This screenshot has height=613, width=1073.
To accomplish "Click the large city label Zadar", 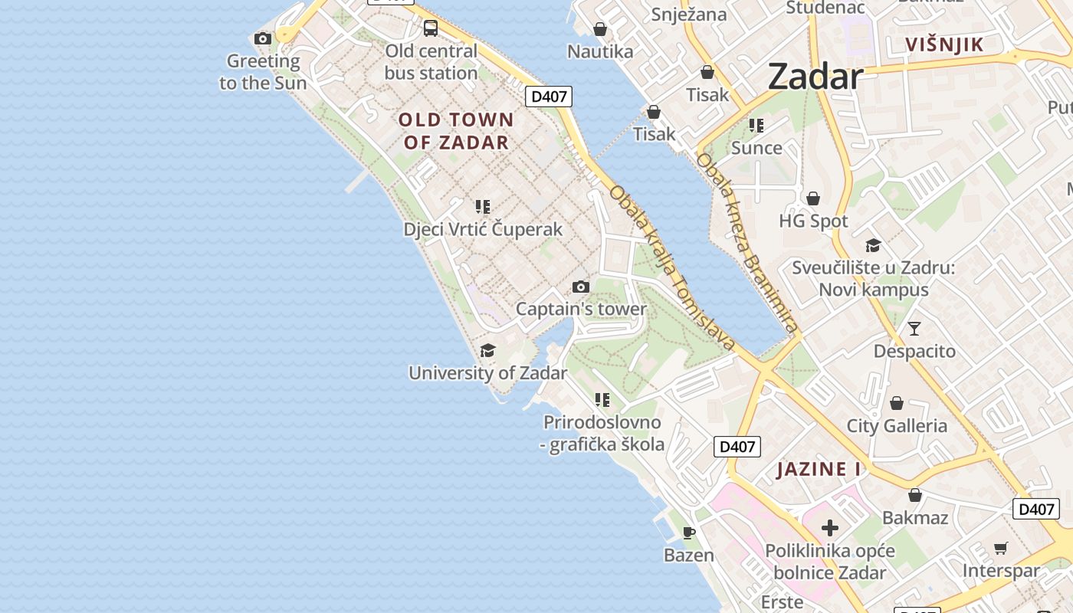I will click(815, 77).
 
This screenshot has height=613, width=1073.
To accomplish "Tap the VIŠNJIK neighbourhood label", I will click(944, 44).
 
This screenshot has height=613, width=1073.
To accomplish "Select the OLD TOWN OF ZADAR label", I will click(456, 131).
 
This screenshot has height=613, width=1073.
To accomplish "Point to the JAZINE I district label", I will click(819, 469).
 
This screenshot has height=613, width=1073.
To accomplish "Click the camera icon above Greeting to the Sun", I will click(263, 38).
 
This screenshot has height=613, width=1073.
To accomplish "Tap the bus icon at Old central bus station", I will click(431, 28).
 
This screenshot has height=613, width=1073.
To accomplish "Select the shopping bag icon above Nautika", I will click(600, 29).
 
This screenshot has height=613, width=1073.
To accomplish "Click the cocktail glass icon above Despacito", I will click(914, 329).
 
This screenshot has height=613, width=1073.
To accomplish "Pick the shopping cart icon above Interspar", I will click(1000, 548).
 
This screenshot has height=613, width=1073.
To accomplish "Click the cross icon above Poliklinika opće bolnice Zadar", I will click(830, 528).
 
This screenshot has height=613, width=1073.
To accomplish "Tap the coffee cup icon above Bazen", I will click(689, 533).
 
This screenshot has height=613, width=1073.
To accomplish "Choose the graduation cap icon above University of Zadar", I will click(487, 351).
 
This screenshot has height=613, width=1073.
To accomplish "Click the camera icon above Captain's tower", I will click(581, 287).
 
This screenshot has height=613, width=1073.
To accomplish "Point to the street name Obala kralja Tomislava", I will click(672, 267).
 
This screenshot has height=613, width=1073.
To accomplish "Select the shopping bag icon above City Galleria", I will click(897, 403).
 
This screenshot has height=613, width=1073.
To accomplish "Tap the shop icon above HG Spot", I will click(813, 198).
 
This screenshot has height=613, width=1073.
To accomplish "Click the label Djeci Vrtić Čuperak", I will click(483, 229).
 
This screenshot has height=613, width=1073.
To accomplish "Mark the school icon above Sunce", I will click(756, 126).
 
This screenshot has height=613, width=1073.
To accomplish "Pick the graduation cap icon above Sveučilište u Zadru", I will click(873, 245).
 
